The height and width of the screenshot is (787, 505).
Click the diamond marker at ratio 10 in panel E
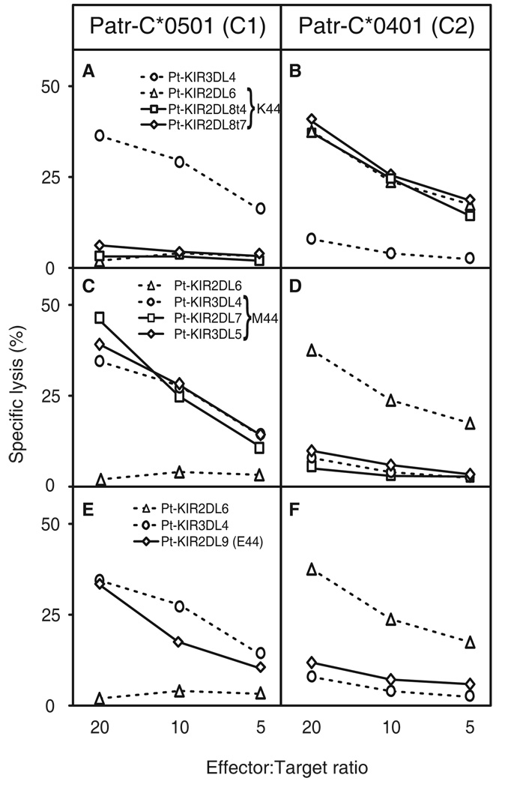pyautogui.click(x=179, y=642)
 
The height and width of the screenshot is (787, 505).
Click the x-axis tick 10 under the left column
pyautogui.click(x=179, y=729)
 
